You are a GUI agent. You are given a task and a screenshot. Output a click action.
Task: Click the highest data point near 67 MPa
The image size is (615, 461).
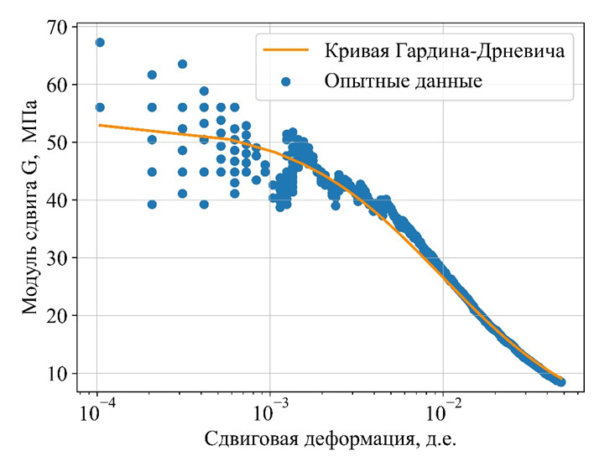pyautogui.click(x=100, y=42)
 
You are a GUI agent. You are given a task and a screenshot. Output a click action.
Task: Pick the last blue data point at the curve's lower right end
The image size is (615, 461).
pyautogui.click(x=560, y=382)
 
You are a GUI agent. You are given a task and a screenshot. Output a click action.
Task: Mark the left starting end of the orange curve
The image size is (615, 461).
pyautogui.click(x=100, y=125)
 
